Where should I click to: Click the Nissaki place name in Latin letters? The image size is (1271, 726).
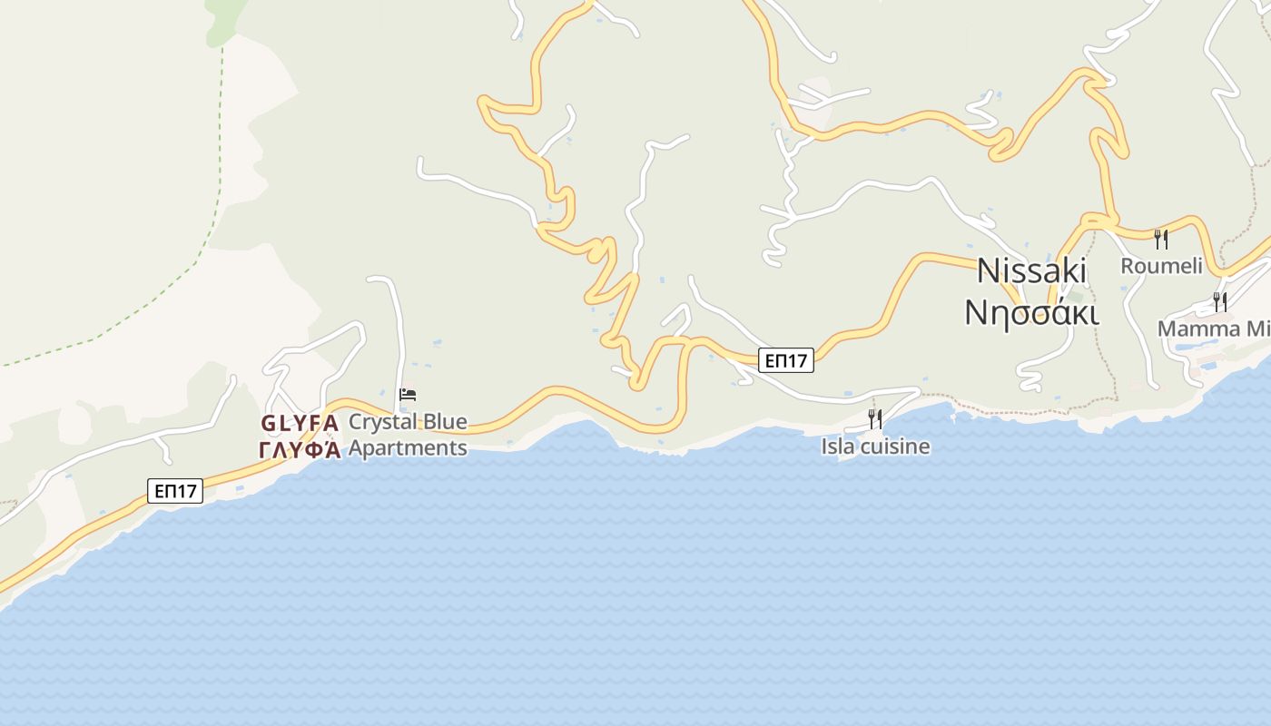click(x=1031, y=270)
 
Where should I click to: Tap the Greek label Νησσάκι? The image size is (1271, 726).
click(x=1031, y=311)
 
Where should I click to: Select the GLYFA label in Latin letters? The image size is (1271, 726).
click(x=300, y=423)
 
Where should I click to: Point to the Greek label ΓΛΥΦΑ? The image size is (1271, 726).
click(x=300, y=449)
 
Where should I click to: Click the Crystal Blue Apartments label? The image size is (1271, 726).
click(x=408, y=434)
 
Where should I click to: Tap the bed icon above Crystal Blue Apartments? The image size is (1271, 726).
click(x=408, y=395)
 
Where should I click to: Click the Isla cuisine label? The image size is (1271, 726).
click(x=875, y=446)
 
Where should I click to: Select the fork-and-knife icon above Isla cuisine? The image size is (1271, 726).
click(x=875, y=418)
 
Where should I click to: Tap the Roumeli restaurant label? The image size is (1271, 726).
click(x=1161, y=266)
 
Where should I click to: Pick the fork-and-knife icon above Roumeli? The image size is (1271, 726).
click(x=1161, y=239)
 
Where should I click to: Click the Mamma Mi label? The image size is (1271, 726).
click(x=1214, y=329)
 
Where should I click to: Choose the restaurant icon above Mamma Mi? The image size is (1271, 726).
click(x=1220, y=300)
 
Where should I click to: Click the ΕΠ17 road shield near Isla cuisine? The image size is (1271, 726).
click(x=786, y=360)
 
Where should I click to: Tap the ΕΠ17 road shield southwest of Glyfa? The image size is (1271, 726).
click(x=175, y=491)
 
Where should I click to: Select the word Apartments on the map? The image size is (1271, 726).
click(x=408, y=447)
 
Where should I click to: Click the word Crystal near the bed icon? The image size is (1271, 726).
click(x=383, y=422)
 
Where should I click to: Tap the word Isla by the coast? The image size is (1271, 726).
click(x=838, y=446)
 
